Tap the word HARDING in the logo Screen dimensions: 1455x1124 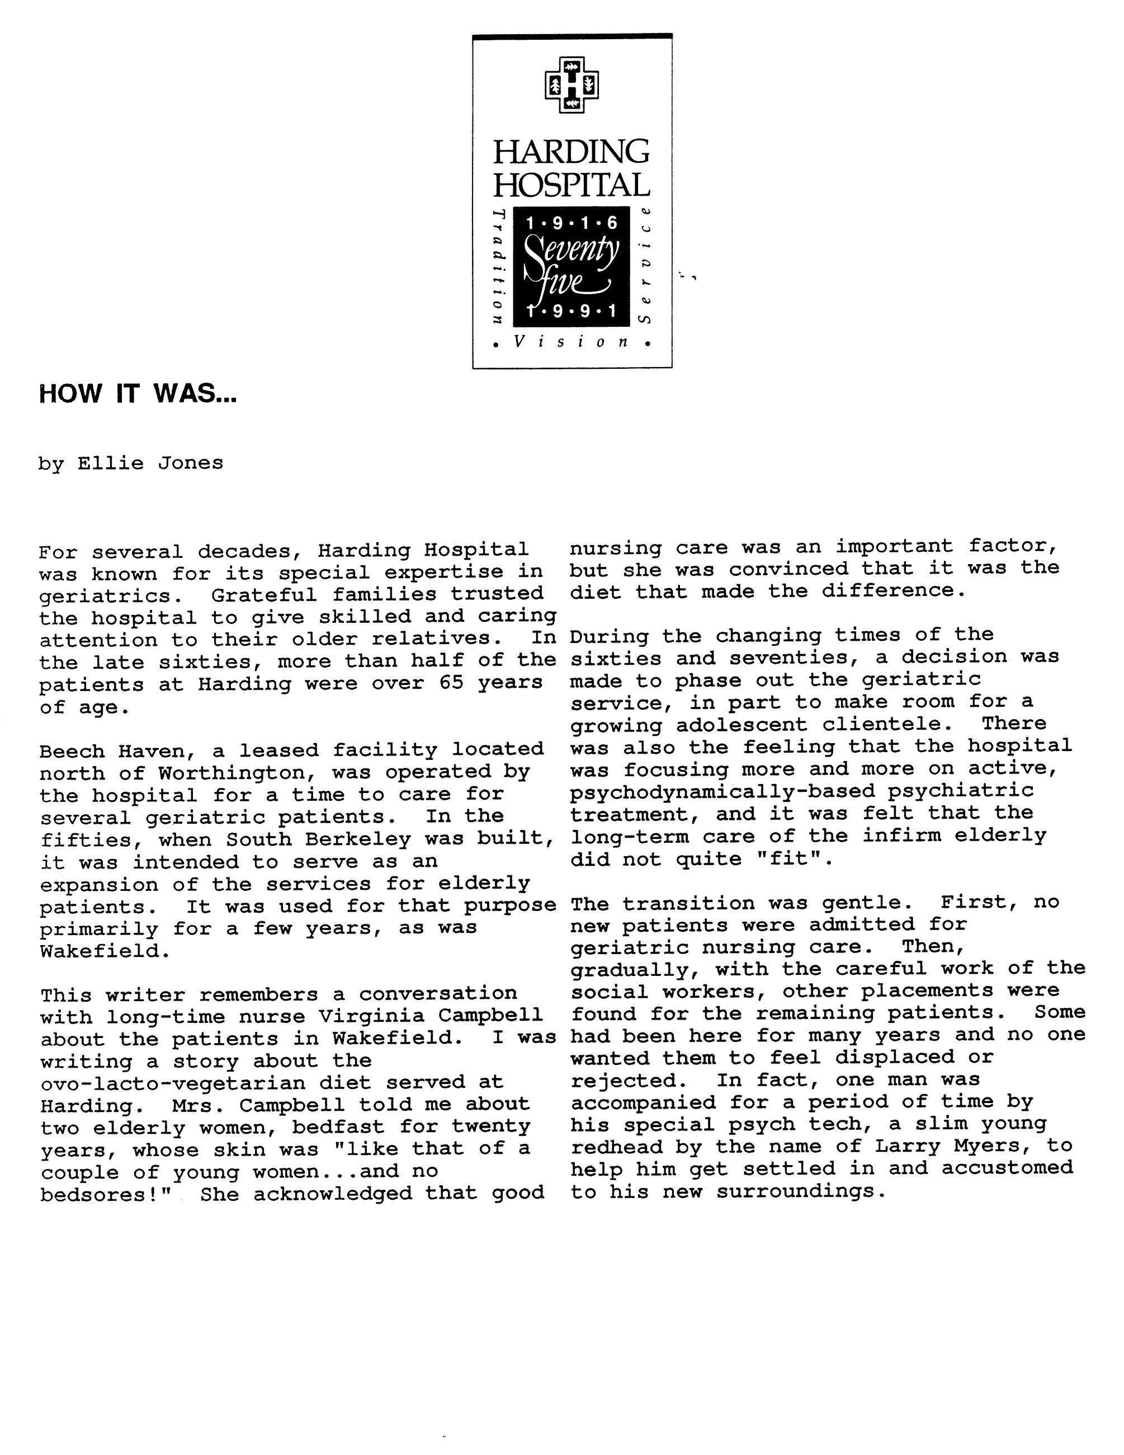(x=572, y=152)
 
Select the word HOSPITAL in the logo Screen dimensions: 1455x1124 (x=572, y=185)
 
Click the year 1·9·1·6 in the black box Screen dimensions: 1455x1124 (x=572, y=224)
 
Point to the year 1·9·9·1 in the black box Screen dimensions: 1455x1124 (x=572, y=311)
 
